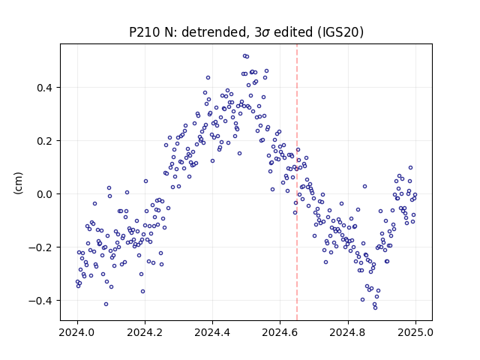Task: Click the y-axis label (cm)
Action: click(18, 183)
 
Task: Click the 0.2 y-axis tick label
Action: click(45, 141)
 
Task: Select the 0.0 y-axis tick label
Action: click(45, 194)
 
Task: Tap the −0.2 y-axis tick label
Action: click(40, 247)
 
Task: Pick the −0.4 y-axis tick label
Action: click(40, 301)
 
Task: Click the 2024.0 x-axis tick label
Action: click(77, 332)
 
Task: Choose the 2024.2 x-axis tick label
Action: click(145, 332)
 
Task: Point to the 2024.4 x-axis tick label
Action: click(212, 332)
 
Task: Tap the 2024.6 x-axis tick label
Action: click(280, 332)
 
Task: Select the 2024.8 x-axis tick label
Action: click(348, 332)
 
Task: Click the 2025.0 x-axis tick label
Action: click(415, 332)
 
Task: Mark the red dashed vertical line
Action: click(297, 182)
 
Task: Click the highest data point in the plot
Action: click(244, 56)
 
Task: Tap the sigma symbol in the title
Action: click(265, 33)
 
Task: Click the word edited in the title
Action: click(293, 32)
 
